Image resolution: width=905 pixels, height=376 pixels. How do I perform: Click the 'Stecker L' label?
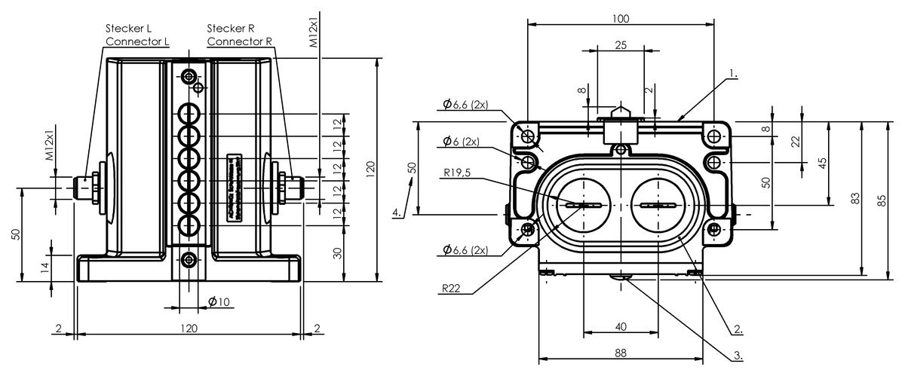coord(129,28)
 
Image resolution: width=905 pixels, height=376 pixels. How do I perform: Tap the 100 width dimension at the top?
coord(621,17)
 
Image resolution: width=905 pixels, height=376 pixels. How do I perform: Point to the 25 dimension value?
coord(621,45)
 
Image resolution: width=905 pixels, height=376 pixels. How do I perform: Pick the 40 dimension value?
coord(621,326)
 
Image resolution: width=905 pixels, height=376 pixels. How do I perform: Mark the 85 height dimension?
coord(882,200)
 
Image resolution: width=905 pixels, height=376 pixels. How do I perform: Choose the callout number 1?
coord(733,75)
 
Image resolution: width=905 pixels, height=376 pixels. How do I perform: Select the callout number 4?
coord(397,213)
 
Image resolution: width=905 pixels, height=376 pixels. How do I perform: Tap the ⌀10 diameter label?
coord(219,302)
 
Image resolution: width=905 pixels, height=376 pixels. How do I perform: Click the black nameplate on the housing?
coord(235,188)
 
